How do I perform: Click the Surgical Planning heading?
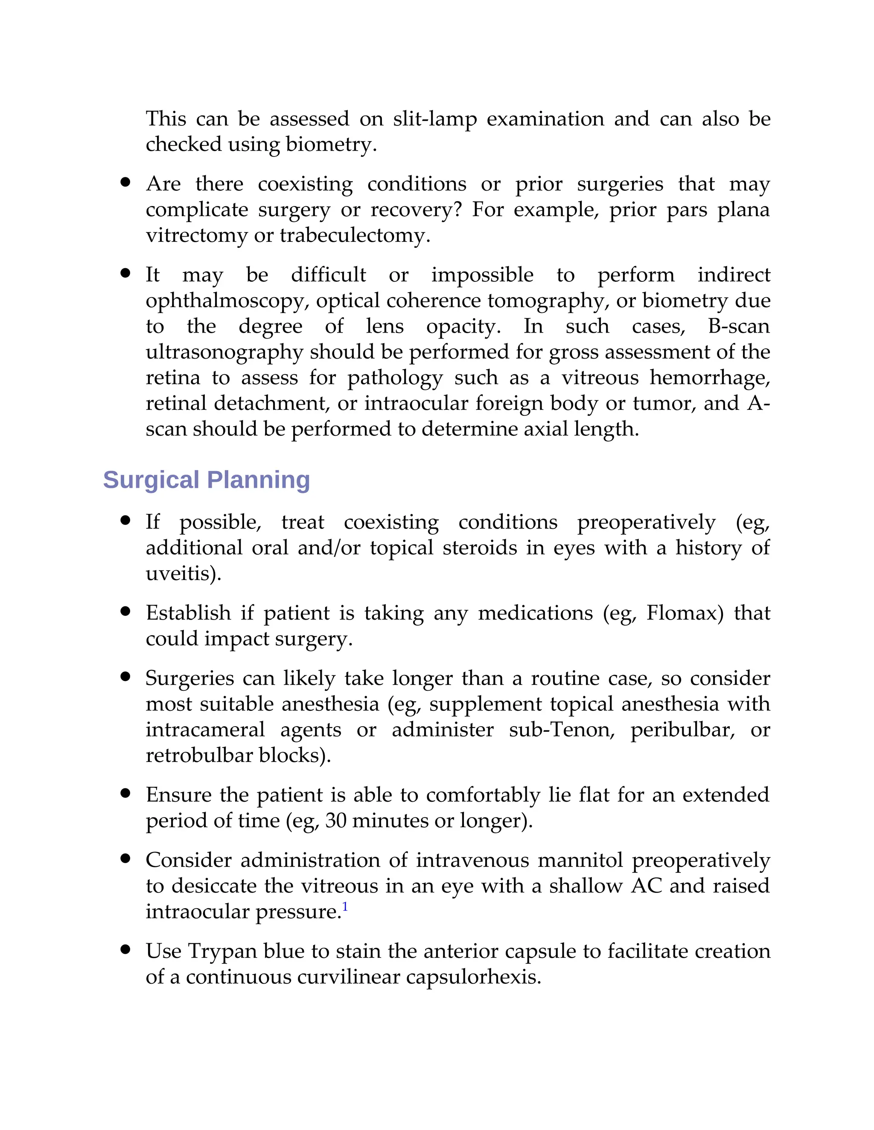pyautogui.click(x=206, y=480)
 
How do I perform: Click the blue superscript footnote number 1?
pyautogui.click(x=345, y=907)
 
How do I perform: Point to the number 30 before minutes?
pyautogui.click(x=336, y=820)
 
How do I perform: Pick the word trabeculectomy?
pyautogui.click(x=355, y=235)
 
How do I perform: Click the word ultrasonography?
pyautogui.click(x=224, y=352)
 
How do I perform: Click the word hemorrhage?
pyautogui.click(x=710, y=378)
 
